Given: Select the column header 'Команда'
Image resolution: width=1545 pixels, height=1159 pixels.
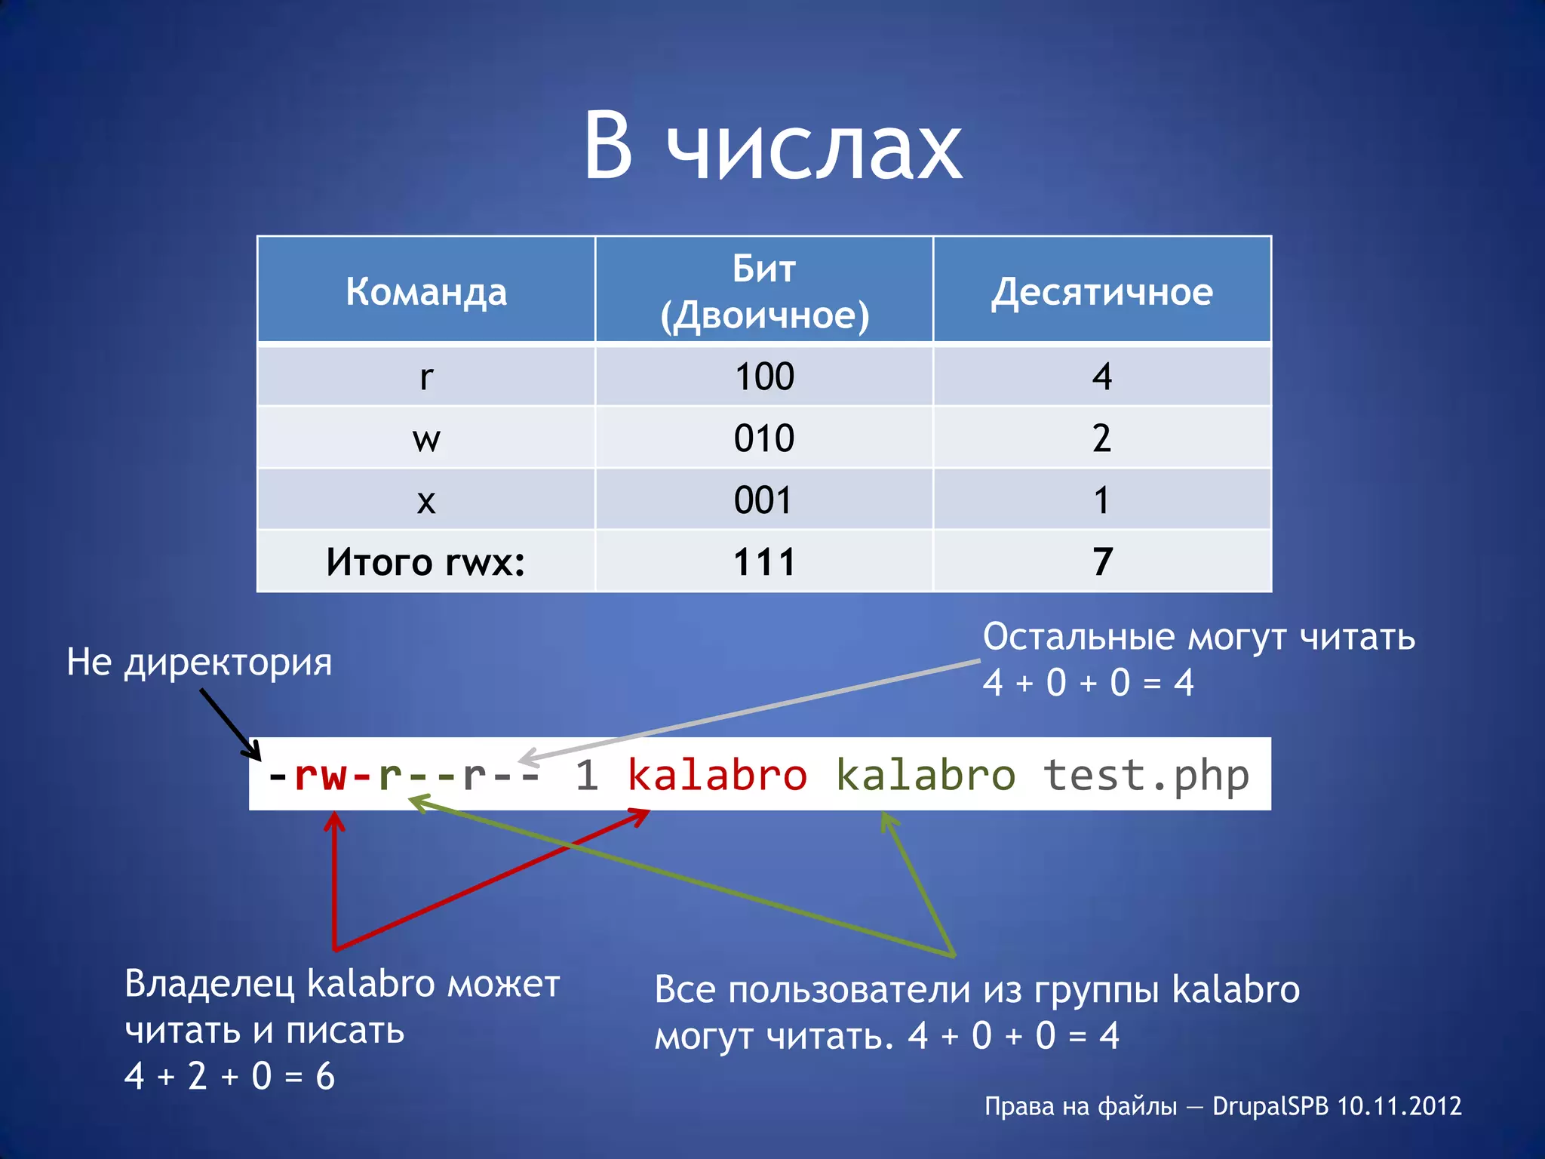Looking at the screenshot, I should (426, 291).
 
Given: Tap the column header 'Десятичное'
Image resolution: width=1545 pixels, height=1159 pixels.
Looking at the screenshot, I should (1102, 291).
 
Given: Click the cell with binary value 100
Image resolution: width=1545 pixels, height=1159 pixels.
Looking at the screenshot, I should (764, 377).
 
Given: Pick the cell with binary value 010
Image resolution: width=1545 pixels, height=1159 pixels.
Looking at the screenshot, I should (764, 438).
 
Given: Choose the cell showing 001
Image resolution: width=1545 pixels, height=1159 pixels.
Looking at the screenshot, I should (764, 500).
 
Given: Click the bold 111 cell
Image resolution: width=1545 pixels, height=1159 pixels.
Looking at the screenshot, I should (764, 562).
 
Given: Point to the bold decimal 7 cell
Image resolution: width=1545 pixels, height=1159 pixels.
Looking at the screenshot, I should (1102, 562).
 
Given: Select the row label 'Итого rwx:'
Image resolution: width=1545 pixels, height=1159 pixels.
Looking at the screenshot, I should (426, 562).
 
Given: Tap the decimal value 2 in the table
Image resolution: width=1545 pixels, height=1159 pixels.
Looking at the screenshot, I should (1102, 438).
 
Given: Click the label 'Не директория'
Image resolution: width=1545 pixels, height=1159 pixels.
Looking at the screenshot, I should (199, 663).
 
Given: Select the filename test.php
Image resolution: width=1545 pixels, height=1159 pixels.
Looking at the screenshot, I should (1146, 776).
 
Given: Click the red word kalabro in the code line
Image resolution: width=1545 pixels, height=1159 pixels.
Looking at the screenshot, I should (717, 776).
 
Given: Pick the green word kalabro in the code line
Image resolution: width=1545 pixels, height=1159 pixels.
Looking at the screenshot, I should (926, 776).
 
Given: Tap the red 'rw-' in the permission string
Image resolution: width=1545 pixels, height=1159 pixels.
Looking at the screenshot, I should (332, 776).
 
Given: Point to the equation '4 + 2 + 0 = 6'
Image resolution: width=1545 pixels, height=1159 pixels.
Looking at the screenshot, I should (229, 1076).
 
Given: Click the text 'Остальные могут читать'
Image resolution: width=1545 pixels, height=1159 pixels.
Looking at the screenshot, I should (1199, 637).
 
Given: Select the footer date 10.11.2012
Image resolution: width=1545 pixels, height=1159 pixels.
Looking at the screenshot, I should (1399, 1106).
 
